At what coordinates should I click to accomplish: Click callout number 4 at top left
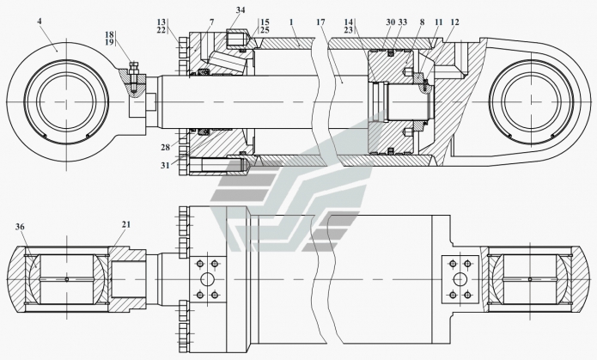point(40,21)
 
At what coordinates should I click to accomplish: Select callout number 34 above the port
point(241,10)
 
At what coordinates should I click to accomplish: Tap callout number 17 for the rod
point(320,22)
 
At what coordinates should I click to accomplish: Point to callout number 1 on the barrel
point(291,22)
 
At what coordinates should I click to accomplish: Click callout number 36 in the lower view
point(20,227)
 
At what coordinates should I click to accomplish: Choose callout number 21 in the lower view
point(126,225)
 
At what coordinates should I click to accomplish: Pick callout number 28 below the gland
point(165,148)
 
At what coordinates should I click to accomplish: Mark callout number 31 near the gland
point(165,165)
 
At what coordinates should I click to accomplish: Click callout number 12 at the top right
point(454,22)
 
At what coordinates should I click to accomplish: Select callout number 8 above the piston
point(422,22)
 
